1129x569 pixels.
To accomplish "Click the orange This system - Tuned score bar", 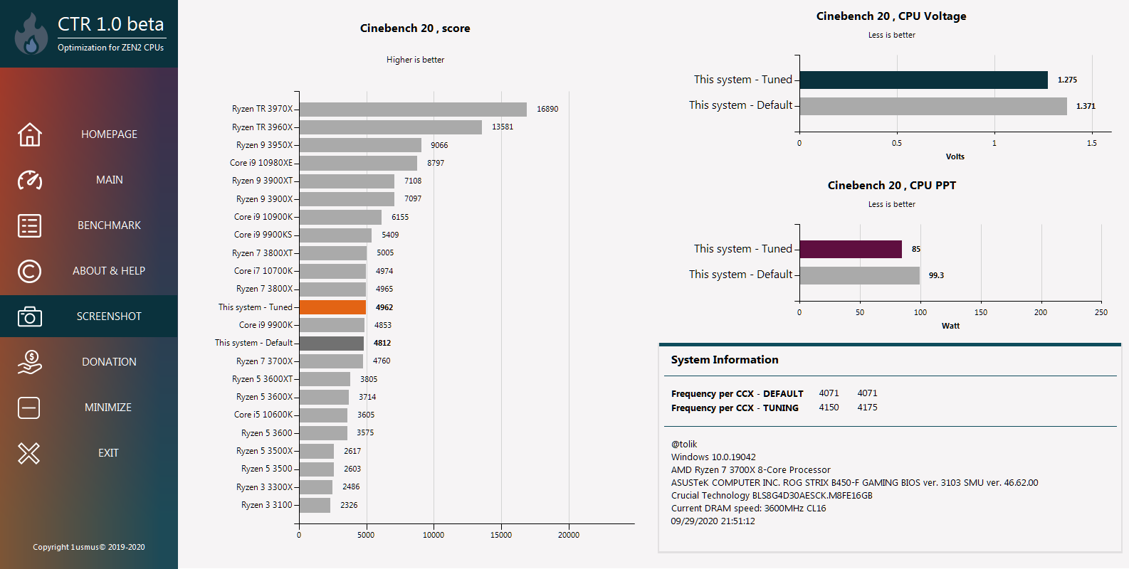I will tap(332, 307).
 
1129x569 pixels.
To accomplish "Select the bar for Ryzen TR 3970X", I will tap(413, 109).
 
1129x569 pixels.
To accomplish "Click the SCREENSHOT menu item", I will tap(109, 317).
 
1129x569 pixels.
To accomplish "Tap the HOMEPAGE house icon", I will tap(30, 134).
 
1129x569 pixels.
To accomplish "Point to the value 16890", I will tap(547, 110).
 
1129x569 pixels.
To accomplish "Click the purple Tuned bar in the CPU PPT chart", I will tap(851, 249).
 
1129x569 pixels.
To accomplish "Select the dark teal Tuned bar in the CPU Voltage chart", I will tap(923, 80).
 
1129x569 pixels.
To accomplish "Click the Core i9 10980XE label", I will tap(261, 163).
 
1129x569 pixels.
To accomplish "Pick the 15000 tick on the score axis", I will tap(501, 535).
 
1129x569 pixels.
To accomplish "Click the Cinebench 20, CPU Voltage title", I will tap(891, 16).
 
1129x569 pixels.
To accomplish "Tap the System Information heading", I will tap(725, 360).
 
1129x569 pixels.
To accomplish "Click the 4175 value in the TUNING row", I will tap(867, 408).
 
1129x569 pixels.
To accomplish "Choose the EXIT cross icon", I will tap(29, 453).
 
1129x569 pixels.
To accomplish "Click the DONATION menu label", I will tap(109, 362).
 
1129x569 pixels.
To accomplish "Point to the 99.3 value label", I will tap(936, 275).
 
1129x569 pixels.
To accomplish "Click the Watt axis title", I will tap(950, 326).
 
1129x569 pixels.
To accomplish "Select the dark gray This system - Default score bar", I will tap(332, 343).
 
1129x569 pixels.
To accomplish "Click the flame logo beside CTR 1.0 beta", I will tap(31, 34).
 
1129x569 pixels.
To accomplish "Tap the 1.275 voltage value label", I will tap(1067, 80).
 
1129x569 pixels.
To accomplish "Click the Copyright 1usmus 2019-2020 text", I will tap(89, 547).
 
